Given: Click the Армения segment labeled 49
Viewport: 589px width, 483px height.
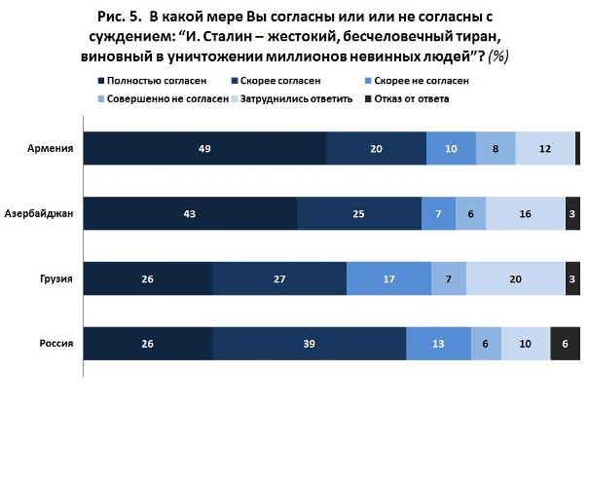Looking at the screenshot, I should tap(204, 148).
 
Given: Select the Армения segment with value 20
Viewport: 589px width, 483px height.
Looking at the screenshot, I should tap(377, 148).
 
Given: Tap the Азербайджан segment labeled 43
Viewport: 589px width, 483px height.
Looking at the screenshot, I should tap(190, 213).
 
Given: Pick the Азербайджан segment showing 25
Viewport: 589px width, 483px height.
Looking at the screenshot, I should tap(359, 213).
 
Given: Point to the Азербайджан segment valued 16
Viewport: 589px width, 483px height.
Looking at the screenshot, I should tap(526, 213).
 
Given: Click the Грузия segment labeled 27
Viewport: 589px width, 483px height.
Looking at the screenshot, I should tap(279, 279).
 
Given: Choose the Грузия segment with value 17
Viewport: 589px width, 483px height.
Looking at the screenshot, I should tap(388, 279).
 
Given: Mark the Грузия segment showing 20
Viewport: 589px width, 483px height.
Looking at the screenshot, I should tap(515, 279).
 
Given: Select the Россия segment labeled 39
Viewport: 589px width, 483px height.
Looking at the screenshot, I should tap(310, 344).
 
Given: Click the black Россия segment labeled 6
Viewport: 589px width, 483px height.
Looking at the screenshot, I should tap(566, 344).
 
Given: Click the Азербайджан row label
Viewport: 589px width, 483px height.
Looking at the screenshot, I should tap(38, 213).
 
